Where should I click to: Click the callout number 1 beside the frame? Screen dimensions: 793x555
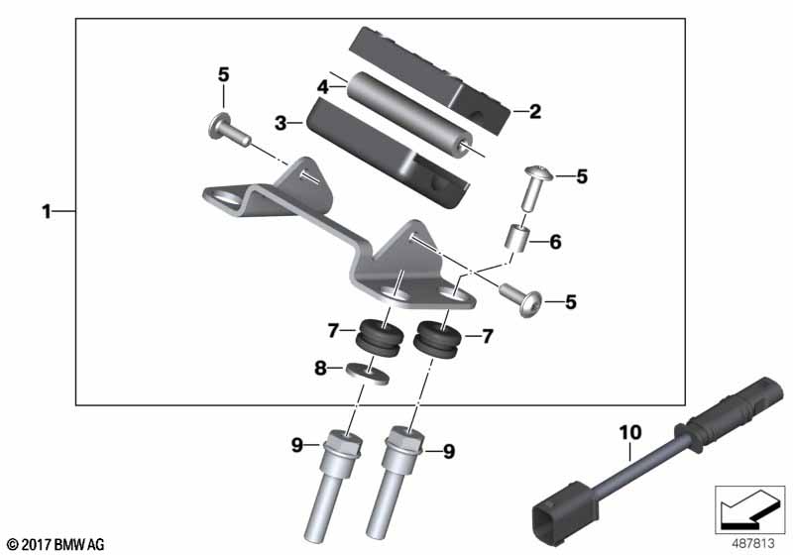(x=47, y=211)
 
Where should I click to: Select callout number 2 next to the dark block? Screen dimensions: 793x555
(x=535, y=111)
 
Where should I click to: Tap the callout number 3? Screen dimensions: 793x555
(x=281, y=122)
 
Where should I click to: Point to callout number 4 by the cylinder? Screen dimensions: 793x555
(x=323, y=87)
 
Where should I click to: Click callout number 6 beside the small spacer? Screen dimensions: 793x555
(x=555, y=242)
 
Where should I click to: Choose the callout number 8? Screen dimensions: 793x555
(x=320, y=368)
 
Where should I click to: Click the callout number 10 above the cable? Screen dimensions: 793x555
(x=630, y=432)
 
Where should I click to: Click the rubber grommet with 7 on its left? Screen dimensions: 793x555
(x=380, y=337)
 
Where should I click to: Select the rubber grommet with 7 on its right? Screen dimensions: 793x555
(x=437, y=339)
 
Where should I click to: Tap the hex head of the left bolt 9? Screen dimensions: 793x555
(x=344, y=443)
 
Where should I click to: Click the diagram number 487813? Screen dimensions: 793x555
(x=753, y=543)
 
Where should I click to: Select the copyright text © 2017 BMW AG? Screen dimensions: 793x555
(x=56, y=545)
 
